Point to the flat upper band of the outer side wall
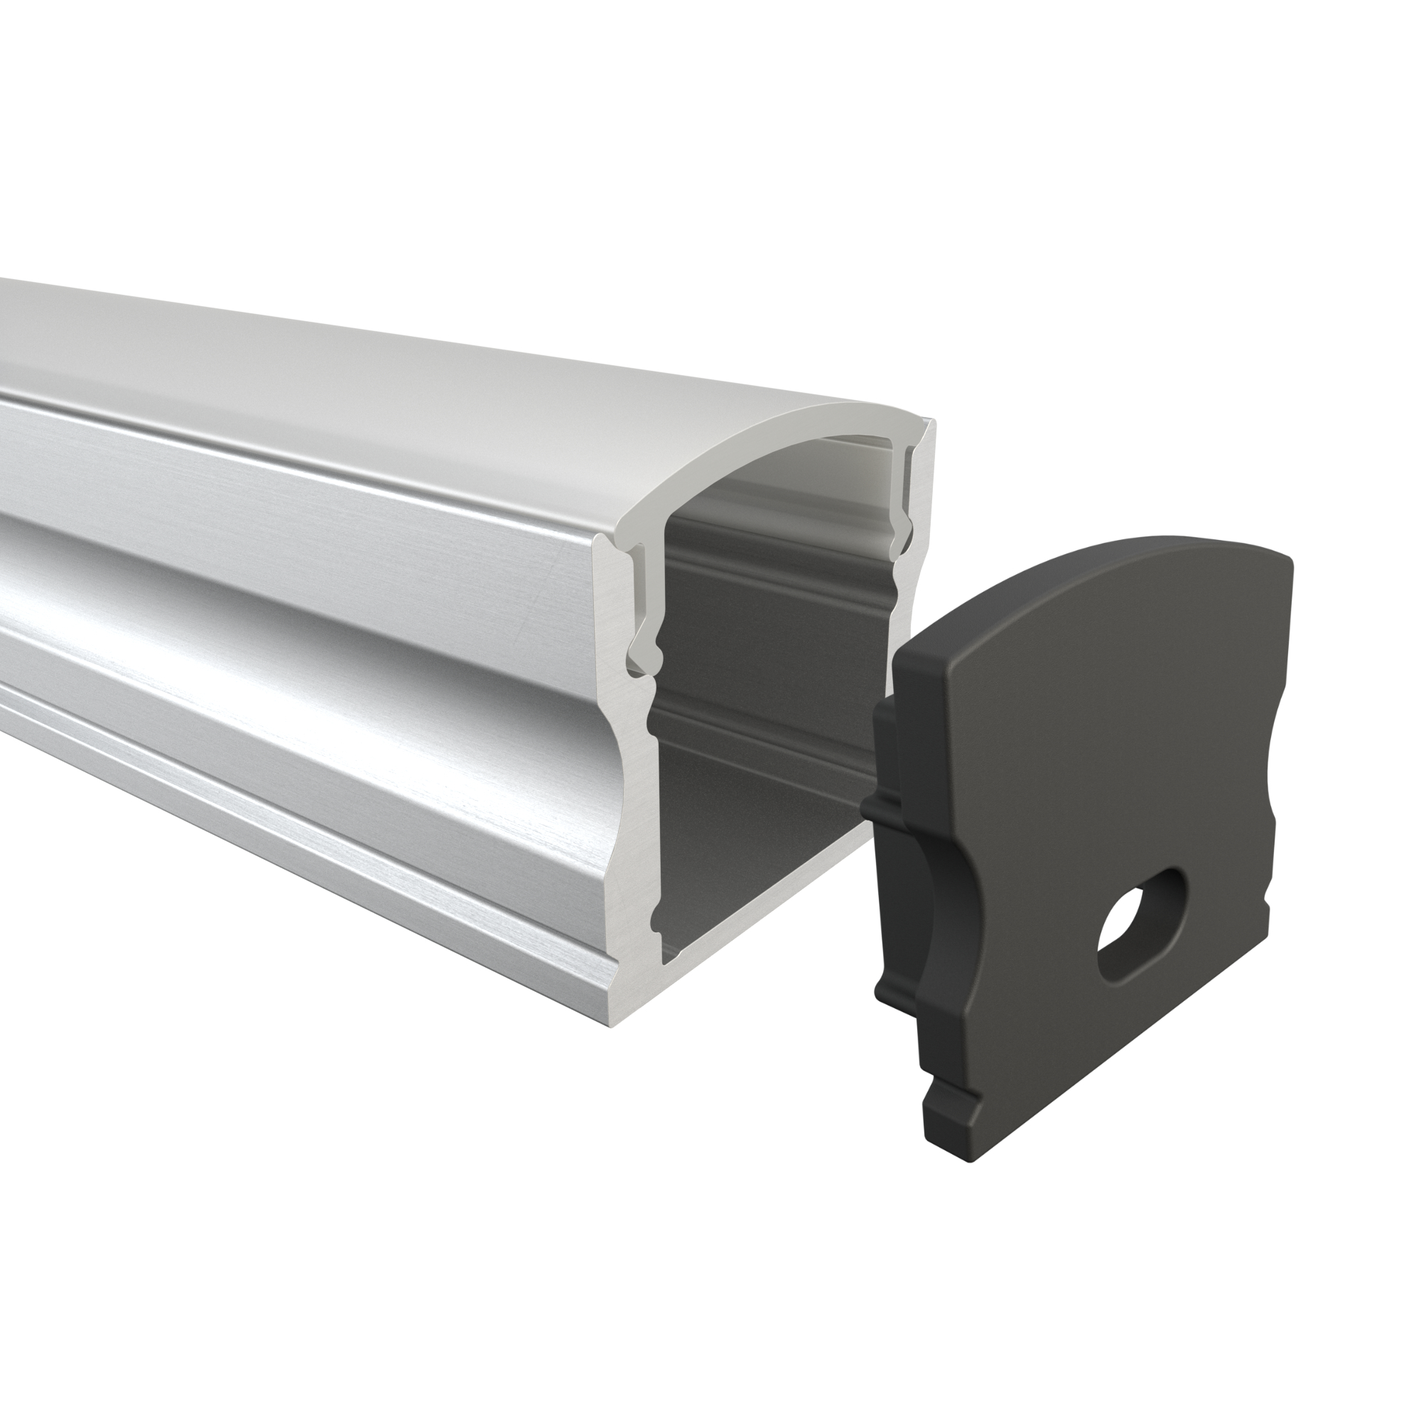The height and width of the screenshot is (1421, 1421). pyautogui.click(x=294, y=471)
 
